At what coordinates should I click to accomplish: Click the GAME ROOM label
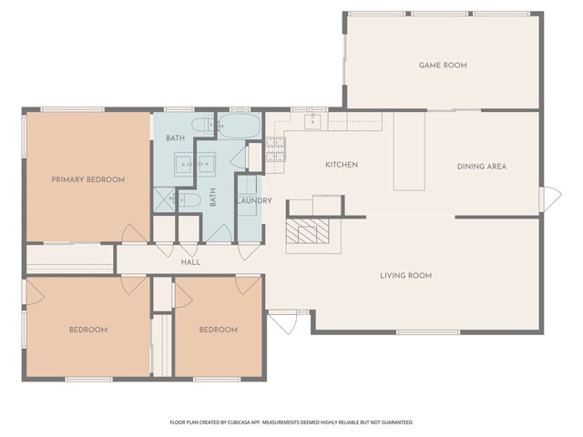tap(442, 66)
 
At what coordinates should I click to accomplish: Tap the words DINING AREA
tap(481, 166)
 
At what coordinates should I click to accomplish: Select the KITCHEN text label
tap(342, 165)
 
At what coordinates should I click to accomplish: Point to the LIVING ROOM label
tap(405, 275)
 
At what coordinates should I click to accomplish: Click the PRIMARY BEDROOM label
tap(87, 179)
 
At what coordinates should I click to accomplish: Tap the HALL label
tap(190, 262)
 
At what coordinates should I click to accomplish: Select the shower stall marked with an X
tap(164, 199)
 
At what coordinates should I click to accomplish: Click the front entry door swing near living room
tap(282, 322)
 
